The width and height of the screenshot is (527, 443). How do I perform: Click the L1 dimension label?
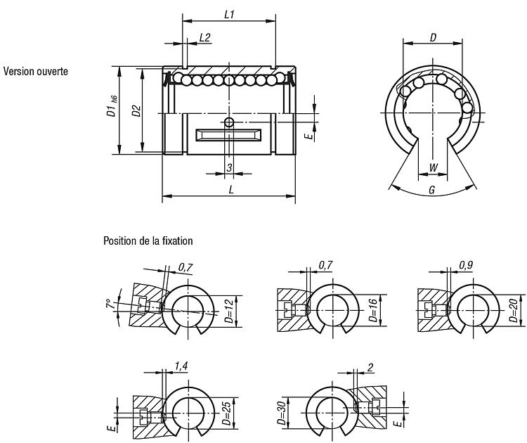229,15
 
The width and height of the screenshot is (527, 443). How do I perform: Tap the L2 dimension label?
204,38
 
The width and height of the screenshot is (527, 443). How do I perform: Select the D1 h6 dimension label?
112,106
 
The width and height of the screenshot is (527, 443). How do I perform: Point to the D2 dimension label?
136,110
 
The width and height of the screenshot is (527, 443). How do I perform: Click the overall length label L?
231,190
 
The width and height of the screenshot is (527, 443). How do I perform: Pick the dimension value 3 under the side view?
229,167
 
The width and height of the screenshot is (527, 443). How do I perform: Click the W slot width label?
434,167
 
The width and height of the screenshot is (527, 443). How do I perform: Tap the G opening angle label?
432,191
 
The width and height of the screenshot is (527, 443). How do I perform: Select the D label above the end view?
433,38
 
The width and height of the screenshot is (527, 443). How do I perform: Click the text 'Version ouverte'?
36,71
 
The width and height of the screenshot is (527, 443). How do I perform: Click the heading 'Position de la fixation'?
148,241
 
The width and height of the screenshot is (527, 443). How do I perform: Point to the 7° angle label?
108,304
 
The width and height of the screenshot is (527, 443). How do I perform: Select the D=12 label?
229,311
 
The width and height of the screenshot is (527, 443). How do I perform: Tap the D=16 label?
373,310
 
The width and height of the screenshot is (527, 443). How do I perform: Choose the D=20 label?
513,310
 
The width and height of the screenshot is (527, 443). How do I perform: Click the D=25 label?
227,413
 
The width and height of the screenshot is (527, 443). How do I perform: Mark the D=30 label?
282,413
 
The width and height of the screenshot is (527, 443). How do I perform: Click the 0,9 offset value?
466,265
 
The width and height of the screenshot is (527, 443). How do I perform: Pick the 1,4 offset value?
181,366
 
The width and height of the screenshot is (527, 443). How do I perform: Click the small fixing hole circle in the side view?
229,122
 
